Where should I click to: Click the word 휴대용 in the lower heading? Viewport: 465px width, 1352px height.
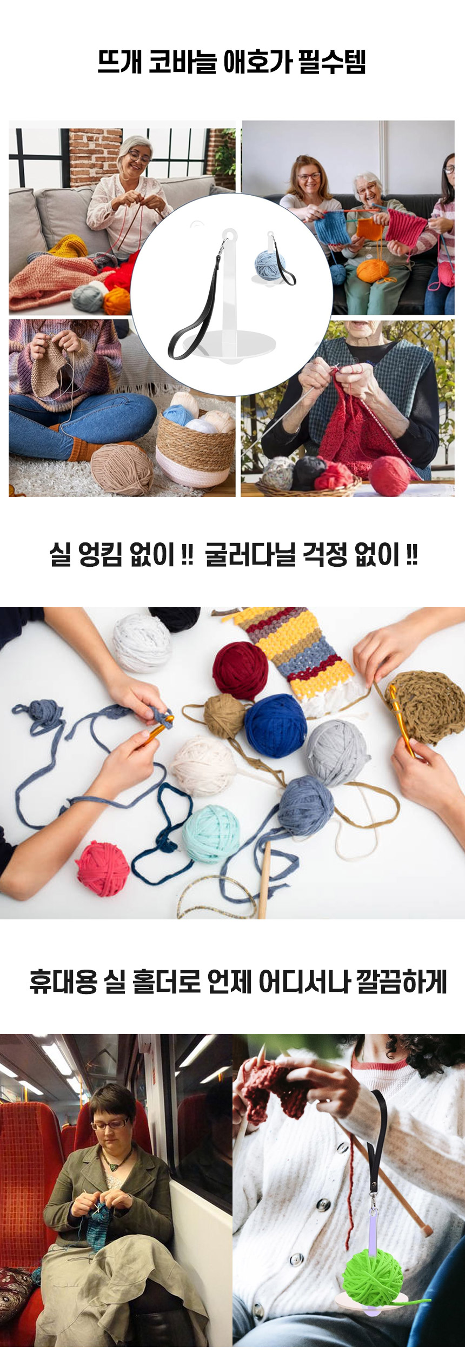point(63,982)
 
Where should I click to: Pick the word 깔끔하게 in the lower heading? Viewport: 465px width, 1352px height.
point(401,982)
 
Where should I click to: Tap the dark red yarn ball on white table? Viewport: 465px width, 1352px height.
point(240,670)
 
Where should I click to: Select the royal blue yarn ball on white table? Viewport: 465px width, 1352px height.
point(275,726)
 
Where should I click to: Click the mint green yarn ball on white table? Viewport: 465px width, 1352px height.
point(211,833)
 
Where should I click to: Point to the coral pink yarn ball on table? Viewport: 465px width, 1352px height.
point(103,868)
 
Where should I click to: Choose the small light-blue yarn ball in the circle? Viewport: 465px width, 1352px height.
point(270,264)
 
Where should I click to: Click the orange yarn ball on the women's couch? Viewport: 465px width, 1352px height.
point(373,271)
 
